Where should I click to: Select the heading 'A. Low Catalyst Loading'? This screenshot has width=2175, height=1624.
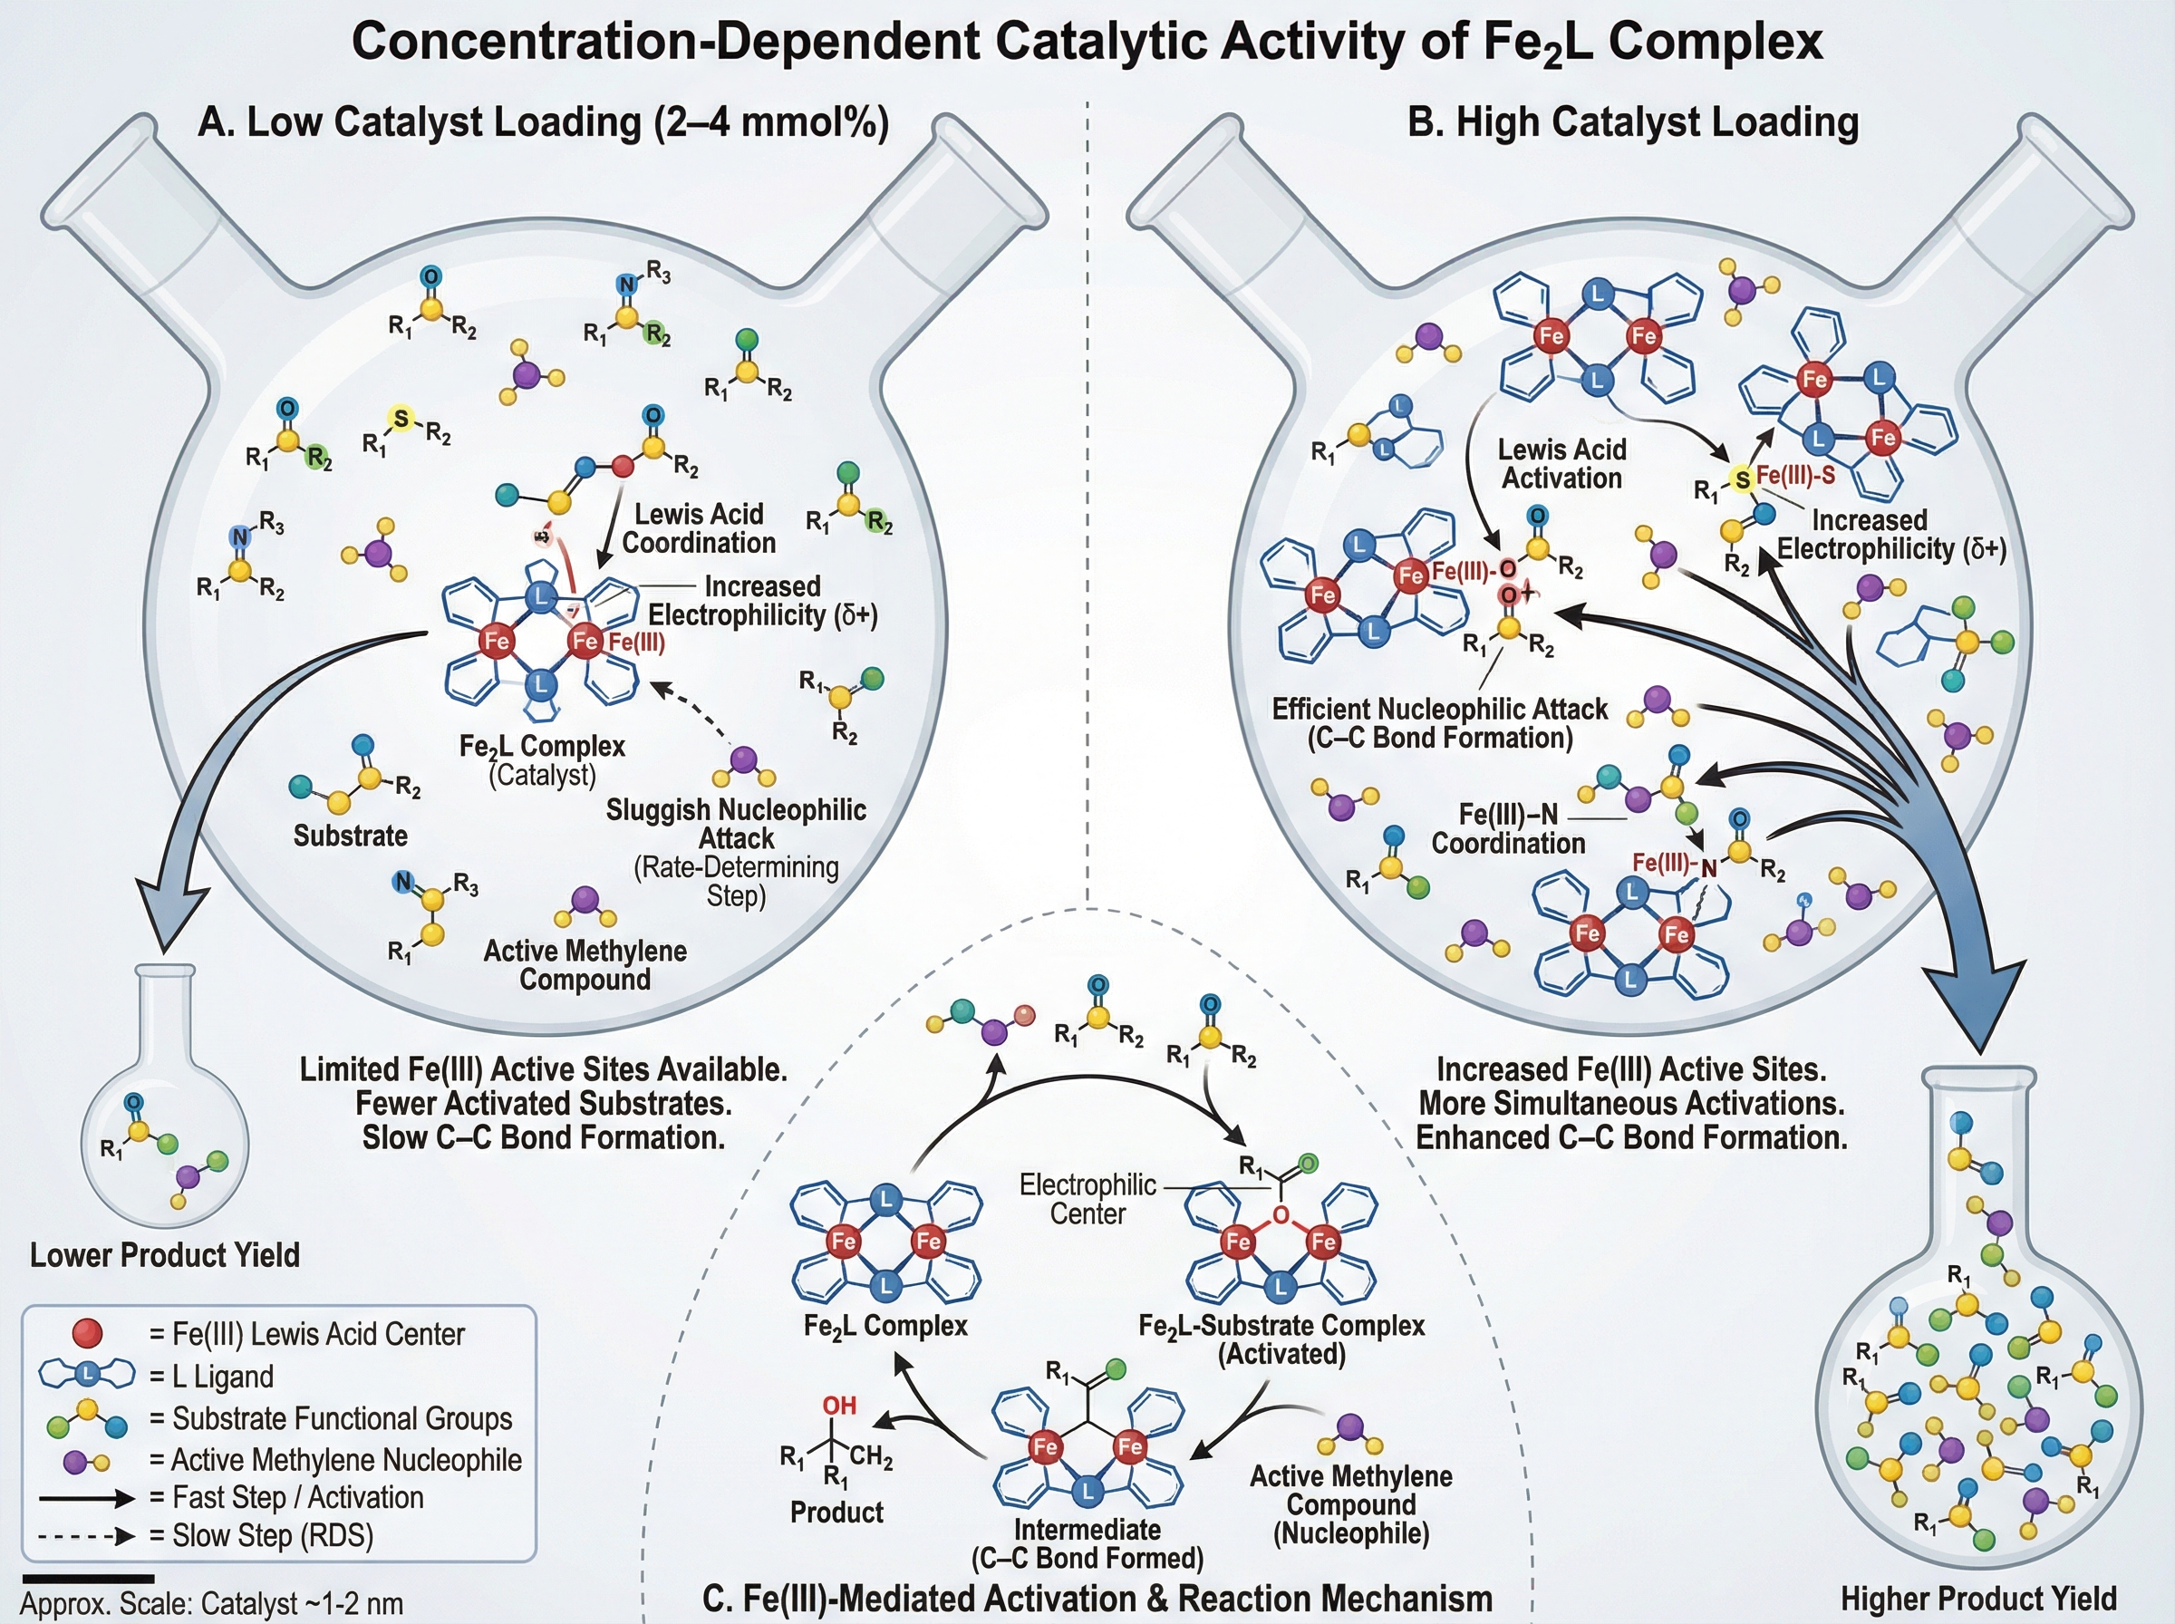(543, 123)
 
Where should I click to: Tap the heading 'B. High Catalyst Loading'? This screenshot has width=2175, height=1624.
(1632, 123)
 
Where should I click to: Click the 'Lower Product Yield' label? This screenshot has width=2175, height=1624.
(165, 1255)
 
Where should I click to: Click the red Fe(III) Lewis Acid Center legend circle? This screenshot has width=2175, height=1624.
(88, 1333)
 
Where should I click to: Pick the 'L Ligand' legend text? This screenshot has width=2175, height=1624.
(222, 1377)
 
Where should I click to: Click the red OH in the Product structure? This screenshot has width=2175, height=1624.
(839, 1406)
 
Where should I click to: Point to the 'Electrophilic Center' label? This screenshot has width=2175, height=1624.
(1087, 1199)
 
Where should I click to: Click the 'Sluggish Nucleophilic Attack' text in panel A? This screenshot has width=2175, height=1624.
(736, 824)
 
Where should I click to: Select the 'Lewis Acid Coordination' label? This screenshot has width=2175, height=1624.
(699, 528)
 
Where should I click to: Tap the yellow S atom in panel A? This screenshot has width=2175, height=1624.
(401, 420)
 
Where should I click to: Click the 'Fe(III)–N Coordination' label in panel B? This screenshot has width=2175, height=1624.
(1509, 828)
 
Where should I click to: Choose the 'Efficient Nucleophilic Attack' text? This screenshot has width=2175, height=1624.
(1440, 722)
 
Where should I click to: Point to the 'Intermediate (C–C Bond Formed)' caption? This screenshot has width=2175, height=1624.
(1087, 1543)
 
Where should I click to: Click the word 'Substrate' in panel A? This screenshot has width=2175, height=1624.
(350, 836)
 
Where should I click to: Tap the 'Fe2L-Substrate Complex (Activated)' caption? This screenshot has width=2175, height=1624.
(1281, 1339)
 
